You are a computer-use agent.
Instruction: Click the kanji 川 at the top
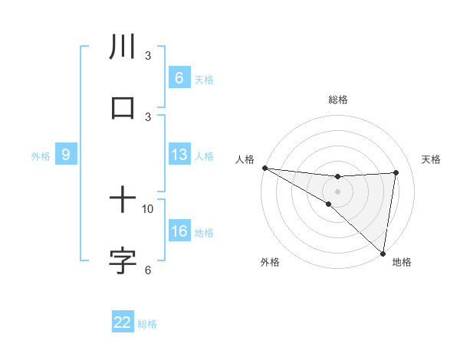123,47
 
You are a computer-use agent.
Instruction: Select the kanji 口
123,108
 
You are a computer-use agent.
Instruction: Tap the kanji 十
123,201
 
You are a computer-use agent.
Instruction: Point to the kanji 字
123,261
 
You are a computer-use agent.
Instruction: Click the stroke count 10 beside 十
148,208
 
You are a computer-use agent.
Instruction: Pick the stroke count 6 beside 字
148,270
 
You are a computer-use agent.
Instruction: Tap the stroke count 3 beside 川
148,56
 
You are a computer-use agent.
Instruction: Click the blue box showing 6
179,78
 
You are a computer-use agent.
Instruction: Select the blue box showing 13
179,155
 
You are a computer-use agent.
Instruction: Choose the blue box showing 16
179,231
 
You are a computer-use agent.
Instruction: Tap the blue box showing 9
66,155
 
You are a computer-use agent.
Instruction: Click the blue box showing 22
123,322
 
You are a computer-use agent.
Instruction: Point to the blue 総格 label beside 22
147,324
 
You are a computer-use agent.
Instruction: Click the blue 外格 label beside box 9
41,156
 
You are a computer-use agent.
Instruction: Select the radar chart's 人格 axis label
245,159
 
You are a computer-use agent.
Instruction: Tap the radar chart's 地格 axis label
402,263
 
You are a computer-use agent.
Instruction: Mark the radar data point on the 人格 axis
264,168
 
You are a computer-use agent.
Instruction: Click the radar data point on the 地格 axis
382,253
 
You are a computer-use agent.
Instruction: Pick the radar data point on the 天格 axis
396,172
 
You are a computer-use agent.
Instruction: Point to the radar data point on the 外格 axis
328,204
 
